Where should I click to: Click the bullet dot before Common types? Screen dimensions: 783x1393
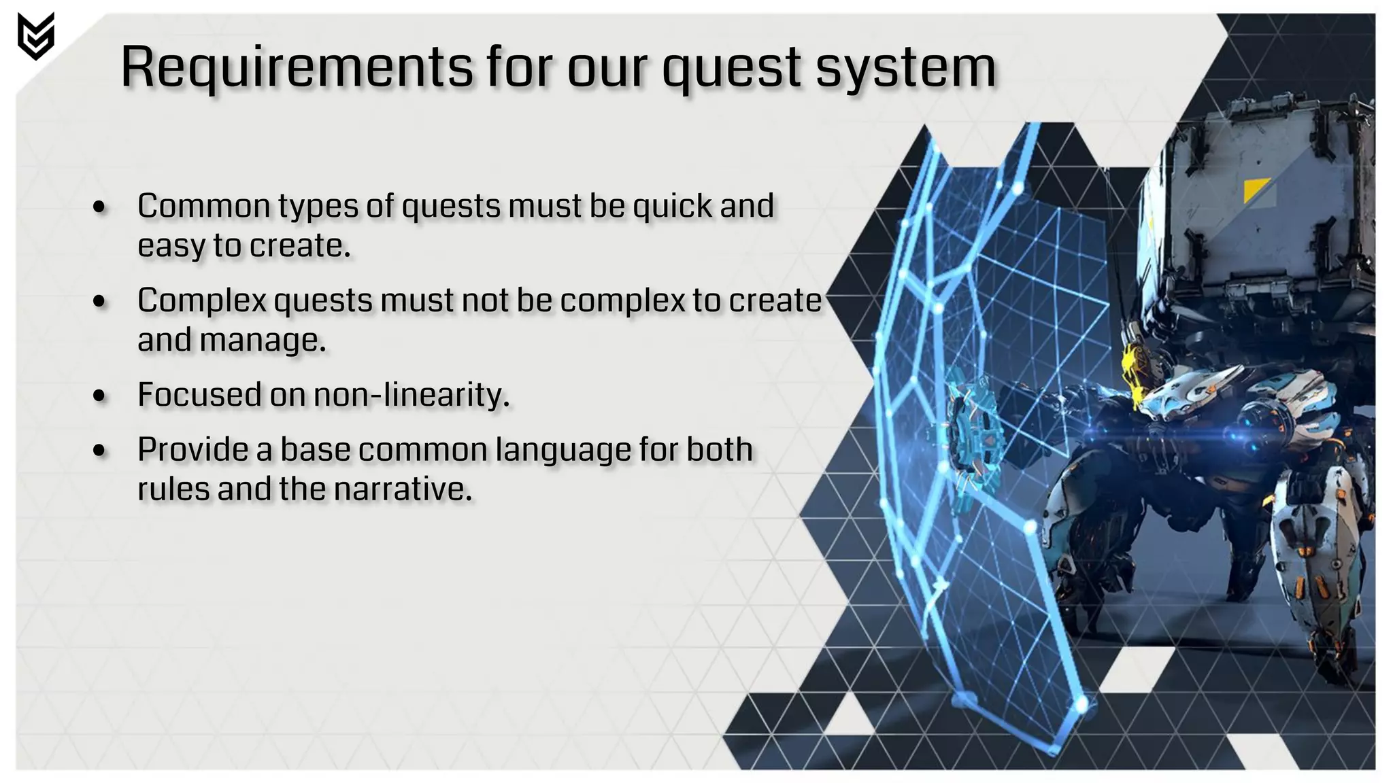tap(100, 207)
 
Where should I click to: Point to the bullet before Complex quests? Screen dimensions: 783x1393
tap(100, 302)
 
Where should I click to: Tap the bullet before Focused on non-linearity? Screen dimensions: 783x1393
tap(100, 396)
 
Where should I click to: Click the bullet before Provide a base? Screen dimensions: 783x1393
tap(100, 451)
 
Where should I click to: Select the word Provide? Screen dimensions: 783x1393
tap(192, 450)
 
